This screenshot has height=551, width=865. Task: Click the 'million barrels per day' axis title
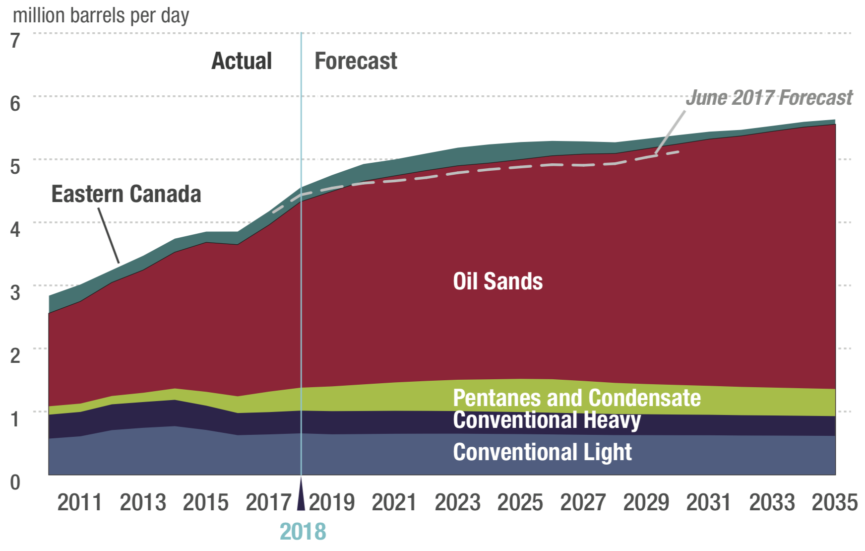coord(101,16)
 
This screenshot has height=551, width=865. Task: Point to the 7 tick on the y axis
coord(15,40)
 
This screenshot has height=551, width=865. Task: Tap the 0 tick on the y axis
coord(15,482)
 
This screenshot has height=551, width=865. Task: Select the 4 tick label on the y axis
coord(15,229)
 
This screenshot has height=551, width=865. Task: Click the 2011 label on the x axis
coord(79,502)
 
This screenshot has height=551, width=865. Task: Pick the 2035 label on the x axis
coord(834,502)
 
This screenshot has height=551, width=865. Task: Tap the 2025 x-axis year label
coord(520,502)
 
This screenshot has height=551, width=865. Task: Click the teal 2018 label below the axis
coord(303,532)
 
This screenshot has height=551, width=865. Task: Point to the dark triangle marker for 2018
coord(301,496)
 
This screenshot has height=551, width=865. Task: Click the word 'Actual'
coord(242,61)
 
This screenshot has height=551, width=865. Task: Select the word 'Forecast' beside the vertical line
coord(356,61)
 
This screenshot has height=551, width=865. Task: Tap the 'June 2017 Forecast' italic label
coord(769,98)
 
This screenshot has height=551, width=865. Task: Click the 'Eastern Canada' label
coord(126,194)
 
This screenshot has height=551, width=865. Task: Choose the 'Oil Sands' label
coord(497,281)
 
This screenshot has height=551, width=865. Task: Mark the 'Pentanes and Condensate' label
coord(576,398)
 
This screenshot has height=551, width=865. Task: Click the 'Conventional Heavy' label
coord(547,420)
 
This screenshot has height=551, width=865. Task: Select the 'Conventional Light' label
coord(542,452)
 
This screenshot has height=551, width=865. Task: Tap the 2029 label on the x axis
coord(646,502)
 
